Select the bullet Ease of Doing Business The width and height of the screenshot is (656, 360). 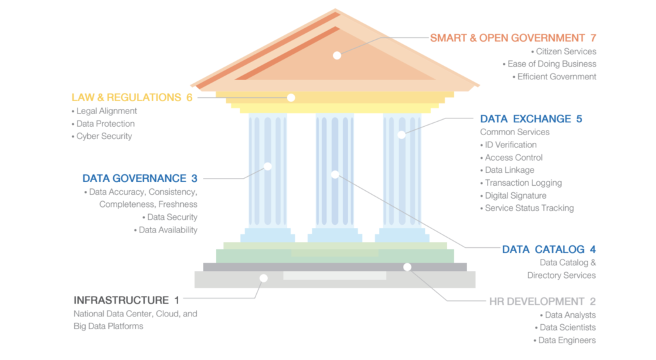552,64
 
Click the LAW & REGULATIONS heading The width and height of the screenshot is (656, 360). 126,97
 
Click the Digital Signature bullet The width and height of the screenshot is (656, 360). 515,195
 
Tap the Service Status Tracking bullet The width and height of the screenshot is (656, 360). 529,208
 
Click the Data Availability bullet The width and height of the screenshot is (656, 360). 168,230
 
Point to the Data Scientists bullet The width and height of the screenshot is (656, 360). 567,327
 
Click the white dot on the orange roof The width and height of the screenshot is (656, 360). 337,55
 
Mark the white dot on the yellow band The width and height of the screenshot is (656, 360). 291,97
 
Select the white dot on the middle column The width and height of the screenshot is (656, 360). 335,174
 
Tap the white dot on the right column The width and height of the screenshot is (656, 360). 402,135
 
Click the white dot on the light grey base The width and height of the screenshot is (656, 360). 263,277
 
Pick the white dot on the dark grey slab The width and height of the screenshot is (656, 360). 407,266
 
